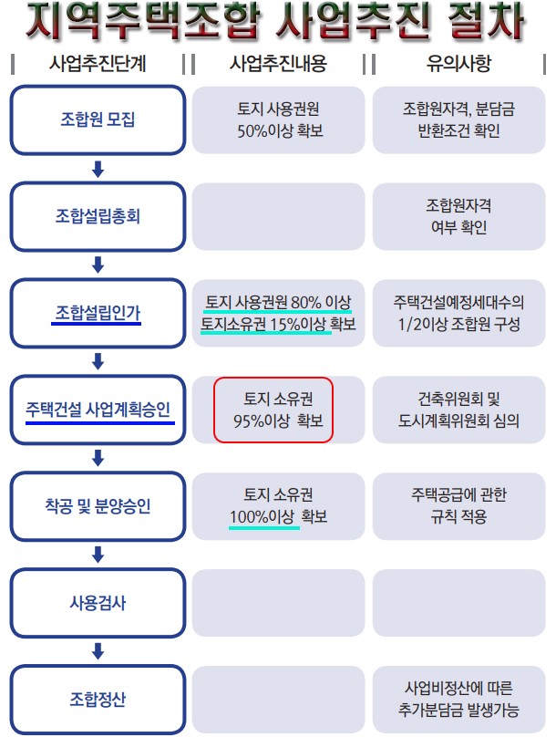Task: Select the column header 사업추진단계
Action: pos(98,64)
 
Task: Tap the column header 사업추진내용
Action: pos(278,64)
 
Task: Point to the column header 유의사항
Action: pos(458,64)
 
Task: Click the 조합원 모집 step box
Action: pos(98,119)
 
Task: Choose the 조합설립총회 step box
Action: pos(98,216)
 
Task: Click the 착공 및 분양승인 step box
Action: pos(98,506)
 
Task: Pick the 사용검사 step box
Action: pos(98,603)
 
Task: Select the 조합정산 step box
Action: pos(98,700)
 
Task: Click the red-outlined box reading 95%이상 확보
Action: pos(273,410)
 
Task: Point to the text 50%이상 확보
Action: pos(278,130)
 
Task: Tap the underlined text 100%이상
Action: pos(263,517)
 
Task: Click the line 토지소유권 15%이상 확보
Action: pos(278,324)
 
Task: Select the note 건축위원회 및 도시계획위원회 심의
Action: pos(458,410)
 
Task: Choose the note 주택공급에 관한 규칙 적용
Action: pos(458,506)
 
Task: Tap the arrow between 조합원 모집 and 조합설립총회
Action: pos(98,168)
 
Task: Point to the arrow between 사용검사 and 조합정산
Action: pos(98,651)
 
